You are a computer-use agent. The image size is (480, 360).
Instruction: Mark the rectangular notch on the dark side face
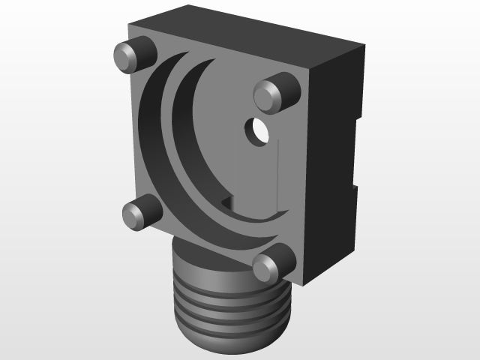pos(354,150)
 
